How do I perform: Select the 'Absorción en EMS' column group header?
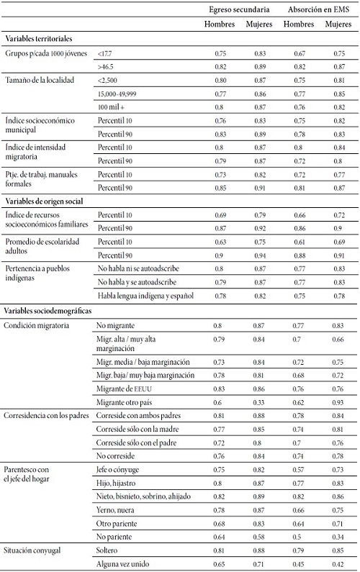pyautogui.click(x=315, y=10)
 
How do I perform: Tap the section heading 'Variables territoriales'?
pyautogui.click(x=40, y=37)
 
